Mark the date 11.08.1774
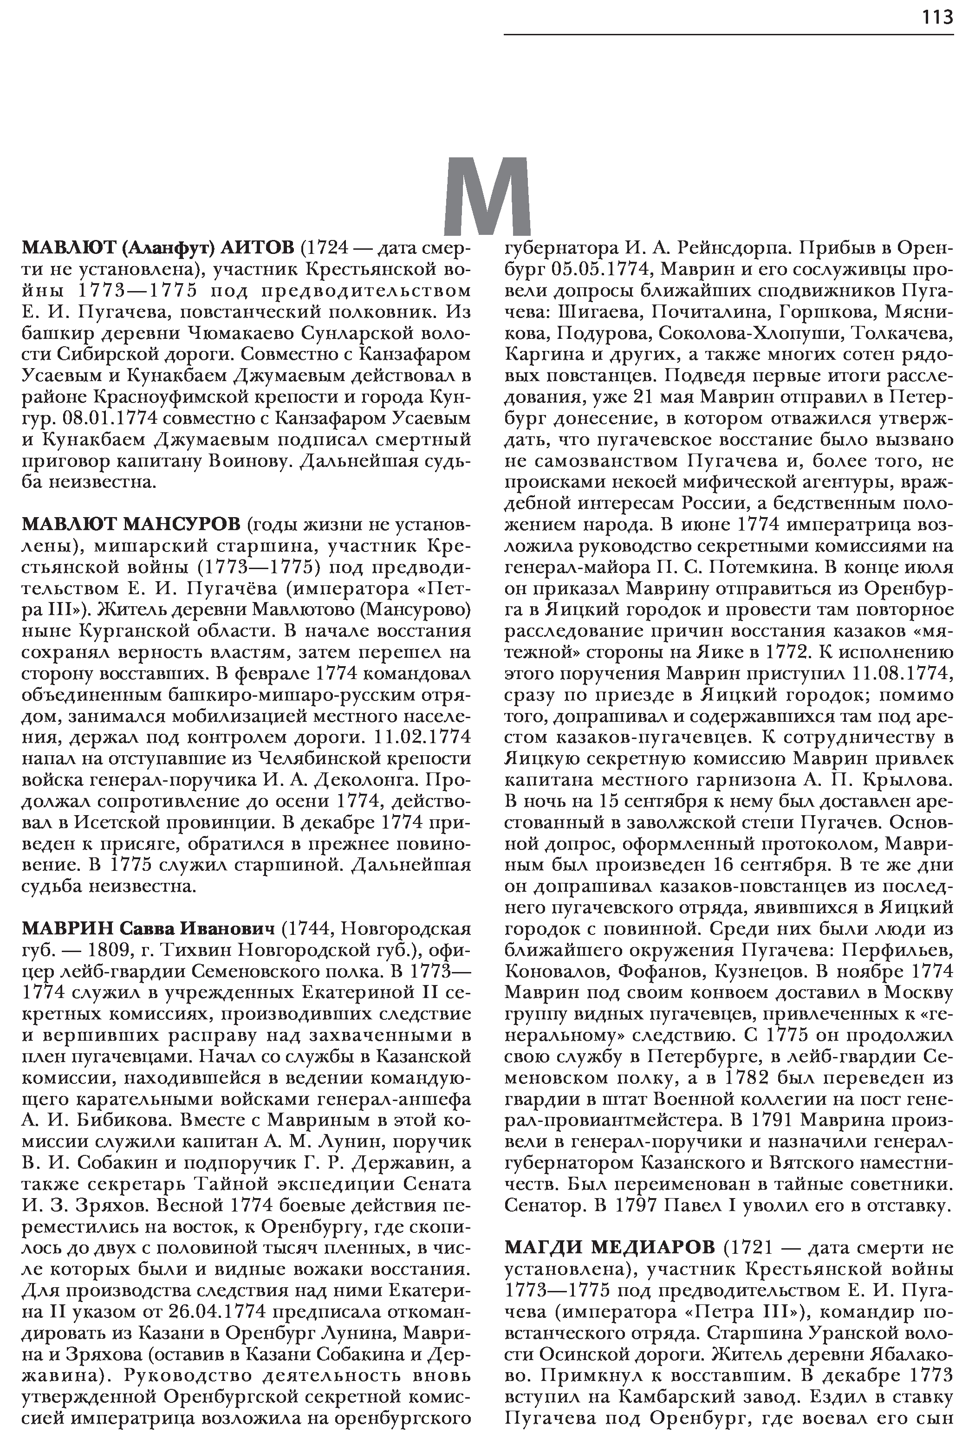903,674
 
